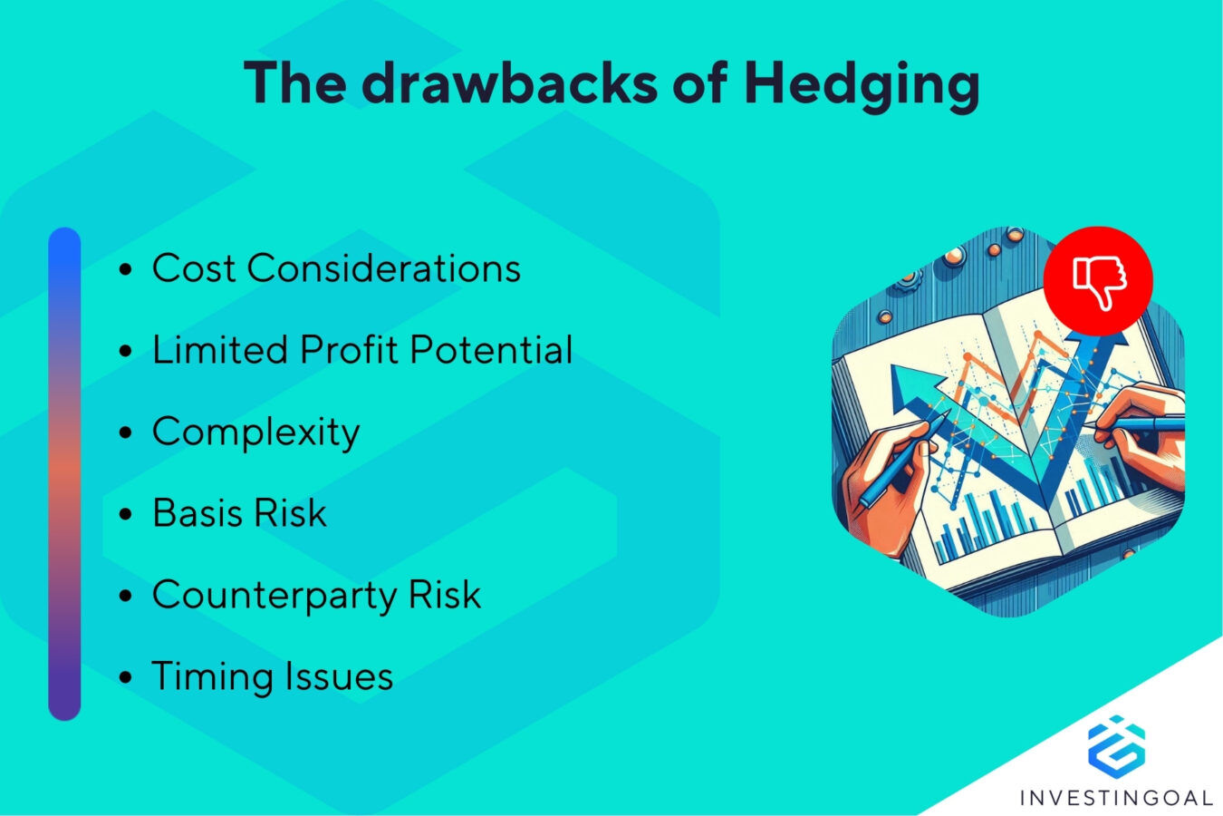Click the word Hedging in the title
[x=861, y=83]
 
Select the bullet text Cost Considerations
[x=336, y=268]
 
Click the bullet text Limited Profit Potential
[x=362, y=350]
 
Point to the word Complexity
[x=255, y=432]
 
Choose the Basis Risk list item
[x=239, y=513]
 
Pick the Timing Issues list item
[x=272, y=676]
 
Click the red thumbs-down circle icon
[x=1098, y=280]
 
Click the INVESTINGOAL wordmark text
[x=1116, y=798]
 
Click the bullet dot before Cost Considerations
[x=126, y=269]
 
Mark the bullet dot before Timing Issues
[x=126, y=677]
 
